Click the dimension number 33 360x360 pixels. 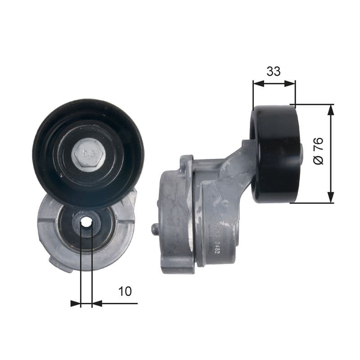(x=274, y=71)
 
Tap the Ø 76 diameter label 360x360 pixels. (x=318, y=151)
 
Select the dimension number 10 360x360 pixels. (x=125, y=291)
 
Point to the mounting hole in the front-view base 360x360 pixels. (x=86, y=222)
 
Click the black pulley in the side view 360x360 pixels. (x=276, y=154)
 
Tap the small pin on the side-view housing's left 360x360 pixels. (x=155, y=229)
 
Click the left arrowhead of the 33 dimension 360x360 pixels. (x=257, y=83)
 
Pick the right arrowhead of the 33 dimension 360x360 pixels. (x=291, y=83)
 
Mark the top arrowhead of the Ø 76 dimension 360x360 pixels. (x=331, y=109)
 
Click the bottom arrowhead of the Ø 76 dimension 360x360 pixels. (x=331, y=198)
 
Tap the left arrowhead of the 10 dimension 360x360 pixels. (x=76, y=304)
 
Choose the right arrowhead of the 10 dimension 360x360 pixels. (x=96, y=304)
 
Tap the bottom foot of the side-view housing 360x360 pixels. (x=178, y=269)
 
